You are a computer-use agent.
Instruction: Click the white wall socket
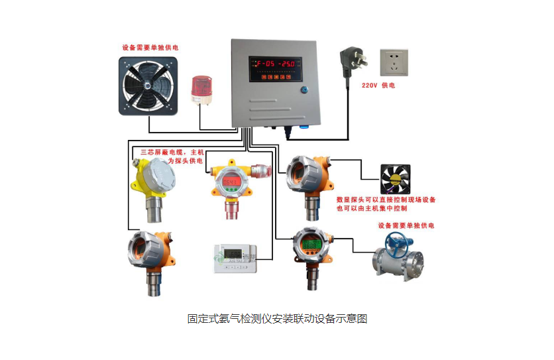pyautogui.click(x=394, y=63)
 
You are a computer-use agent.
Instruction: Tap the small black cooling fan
pyautogui.click(x=394, y=179)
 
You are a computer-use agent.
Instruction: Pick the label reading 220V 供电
pyautogui.click(x=378, y=86)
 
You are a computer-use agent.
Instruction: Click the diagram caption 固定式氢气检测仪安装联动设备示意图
pyautogui.click(x=277, y=319)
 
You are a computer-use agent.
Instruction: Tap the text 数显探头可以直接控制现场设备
pyautogui.click(x=386, y=200)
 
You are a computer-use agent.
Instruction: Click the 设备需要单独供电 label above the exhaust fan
pyautogui.click(x=150, y=48)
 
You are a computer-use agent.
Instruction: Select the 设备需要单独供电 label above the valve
pyautogui.click(x=406, y=225)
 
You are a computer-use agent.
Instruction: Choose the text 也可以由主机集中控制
pyautogui.click(x=372, y=209)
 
